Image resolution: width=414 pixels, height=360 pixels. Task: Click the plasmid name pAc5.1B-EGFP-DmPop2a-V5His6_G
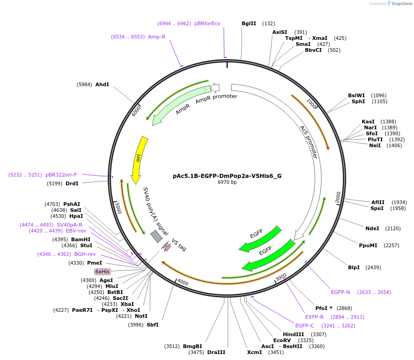tap(227, 176)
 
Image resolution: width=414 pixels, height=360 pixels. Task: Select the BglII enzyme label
tap(248, 23)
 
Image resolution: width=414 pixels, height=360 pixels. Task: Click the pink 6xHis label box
tap(102, 271)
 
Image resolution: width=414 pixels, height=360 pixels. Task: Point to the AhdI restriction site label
tap(102, 84)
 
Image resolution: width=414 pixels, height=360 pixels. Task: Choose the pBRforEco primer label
tap(207, 23)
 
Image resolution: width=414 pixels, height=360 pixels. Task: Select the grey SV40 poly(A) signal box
tap(156, 236)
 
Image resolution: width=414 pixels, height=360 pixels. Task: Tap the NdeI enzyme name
tap(372, 228)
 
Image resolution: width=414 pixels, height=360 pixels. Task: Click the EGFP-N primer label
tap(340, 292)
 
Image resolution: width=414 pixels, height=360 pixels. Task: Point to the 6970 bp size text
tap(227, 182)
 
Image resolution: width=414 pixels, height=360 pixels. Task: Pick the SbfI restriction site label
tap(153, 325)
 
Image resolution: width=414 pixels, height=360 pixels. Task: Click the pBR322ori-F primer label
tap(61, 175)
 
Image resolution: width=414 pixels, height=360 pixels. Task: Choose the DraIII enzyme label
tap(216, 352)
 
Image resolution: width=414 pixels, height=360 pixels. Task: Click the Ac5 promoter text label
tap(309, 142)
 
